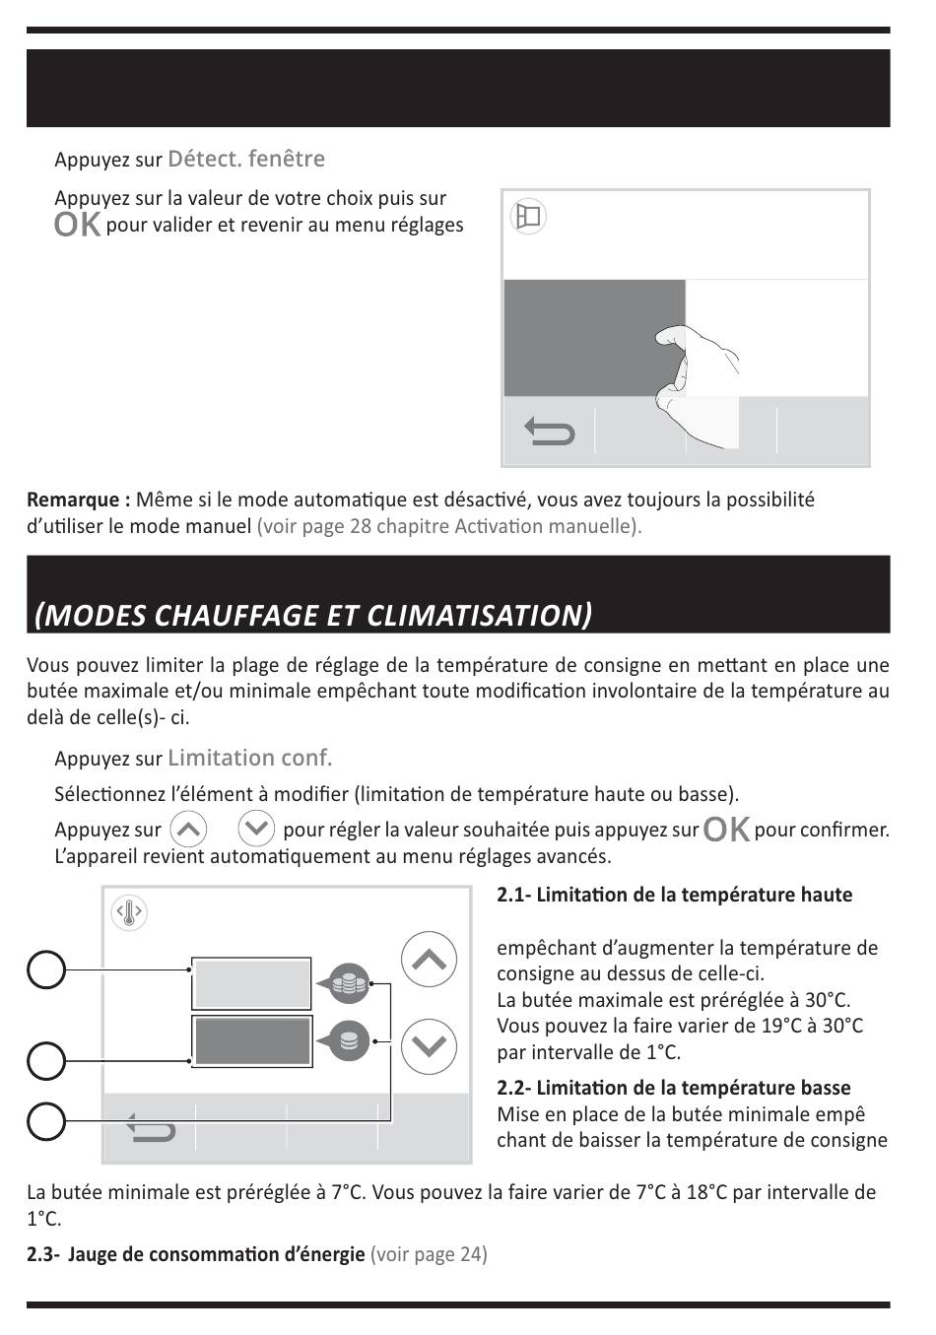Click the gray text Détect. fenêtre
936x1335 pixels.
click(246, 159)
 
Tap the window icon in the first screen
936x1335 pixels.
click(529, 216)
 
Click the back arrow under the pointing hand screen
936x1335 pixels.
click(549, 432)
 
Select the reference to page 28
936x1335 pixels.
click(449, 526)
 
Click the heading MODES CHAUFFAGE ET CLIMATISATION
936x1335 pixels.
click(313, 615)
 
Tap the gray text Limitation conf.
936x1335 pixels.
click(250, 758)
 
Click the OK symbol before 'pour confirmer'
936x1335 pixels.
click(726, 830)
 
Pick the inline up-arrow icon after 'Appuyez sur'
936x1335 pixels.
click(188, 829)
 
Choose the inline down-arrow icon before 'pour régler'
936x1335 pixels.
click(256, 829)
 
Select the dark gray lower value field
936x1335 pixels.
click(252, 1040)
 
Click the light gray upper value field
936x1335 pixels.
click(252, 983)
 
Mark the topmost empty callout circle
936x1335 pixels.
click(46, 969)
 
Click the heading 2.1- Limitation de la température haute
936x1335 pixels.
click(675, 895)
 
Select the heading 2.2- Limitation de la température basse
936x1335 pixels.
click(674, 1088)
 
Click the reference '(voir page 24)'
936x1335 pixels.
click(429, 1254)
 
